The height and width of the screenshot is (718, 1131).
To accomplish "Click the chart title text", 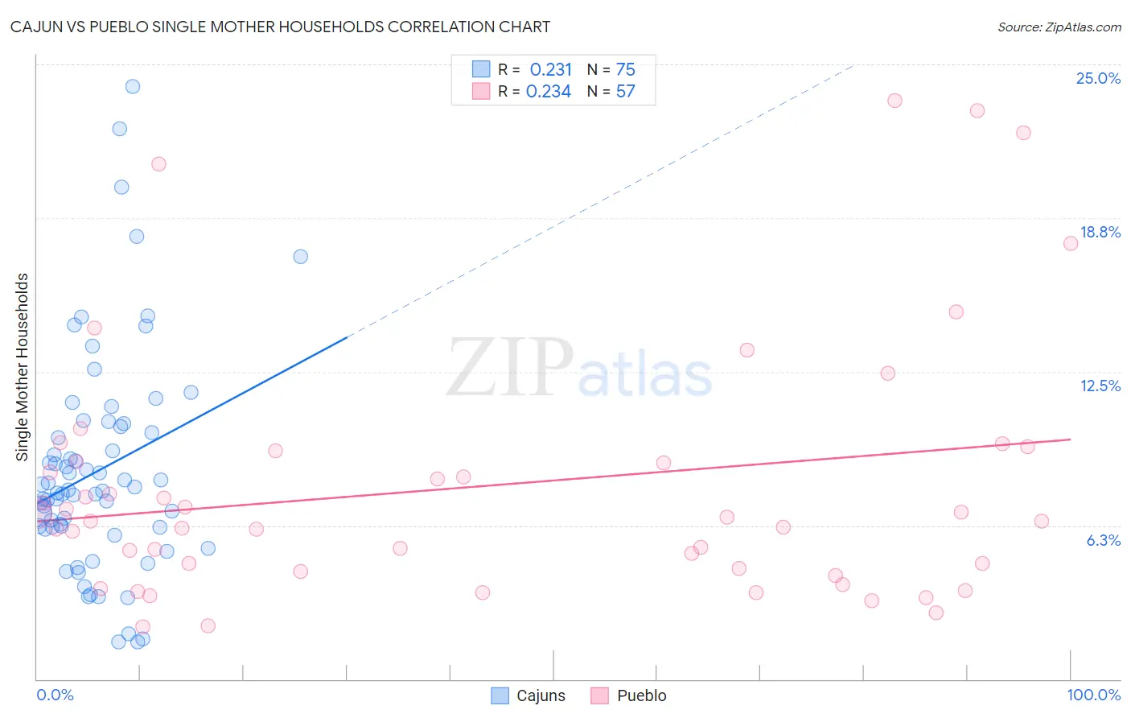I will [x=280, y=27].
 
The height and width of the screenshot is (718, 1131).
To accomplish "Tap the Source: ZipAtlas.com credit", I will [x=1059, y=27].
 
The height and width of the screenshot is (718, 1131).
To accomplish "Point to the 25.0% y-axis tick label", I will [x=1098, y=78].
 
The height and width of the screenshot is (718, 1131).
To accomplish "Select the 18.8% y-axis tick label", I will [x=1100, y=232].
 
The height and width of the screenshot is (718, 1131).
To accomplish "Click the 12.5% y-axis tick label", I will [x=1100, y=386].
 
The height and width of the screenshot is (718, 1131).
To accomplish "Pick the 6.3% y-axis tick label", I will [x=1103, y=540].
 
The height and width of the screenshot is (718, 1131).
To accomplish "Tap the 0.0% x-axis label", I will [x=55, y=695].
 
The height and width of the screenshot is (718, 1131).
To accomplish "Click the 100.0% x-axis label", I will [x=1093, y=695].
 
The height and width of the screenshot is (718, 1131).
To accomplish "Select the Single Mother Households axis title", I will [x=22, y=367].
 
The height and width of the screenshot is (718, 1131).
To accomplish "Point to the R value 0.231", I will [x=550, y=69].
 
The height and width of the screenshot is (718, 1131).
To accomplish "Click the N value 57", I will [x=625, y=91].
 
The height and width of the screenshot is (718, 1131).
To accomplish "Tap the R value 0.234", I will [x=549, y=91].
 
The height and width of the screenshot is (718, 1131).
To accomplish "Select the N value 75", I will [x=625, y=69].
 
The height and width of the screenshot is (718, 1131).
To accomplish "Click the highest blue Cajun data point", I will [x=133, y=86].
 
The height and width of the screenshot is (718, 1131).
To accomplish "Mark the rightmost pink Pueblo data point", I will [x=1071, y=243].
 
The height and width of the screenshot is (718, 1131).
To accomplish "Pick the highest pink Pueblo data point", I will [x=895, y=101].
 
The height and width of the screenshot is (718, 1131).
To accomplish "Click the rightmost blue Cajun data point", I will [x=300, y=256].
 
